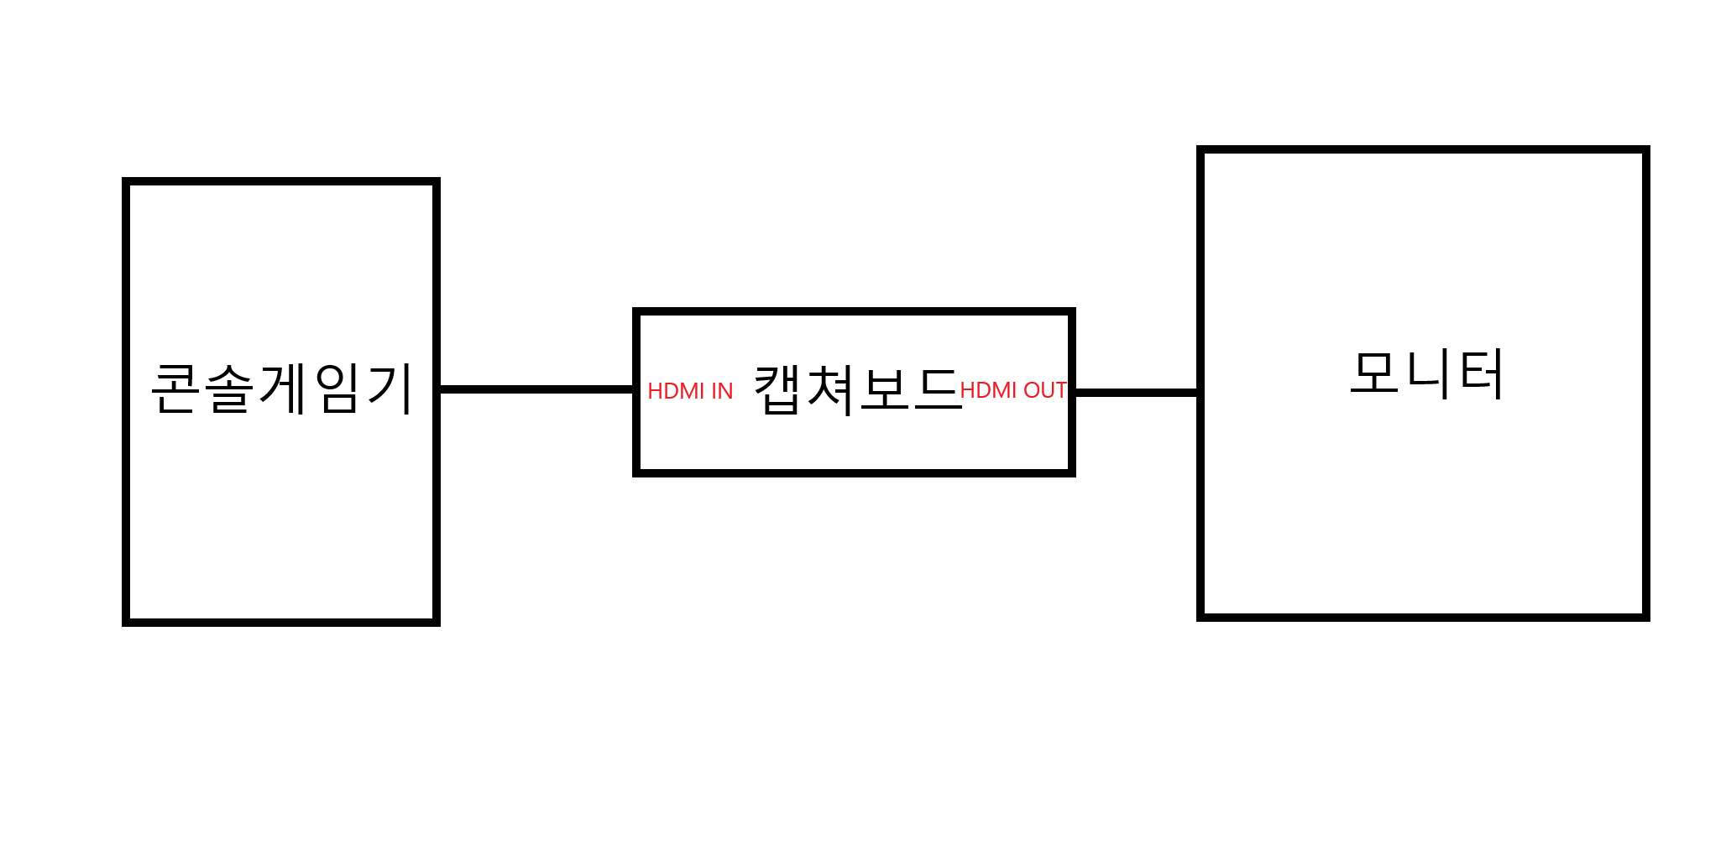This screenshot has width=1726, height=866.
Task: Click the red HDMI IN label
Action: [x=690, y=391]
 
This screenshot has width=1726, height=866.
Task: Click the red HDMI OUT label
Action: [x=1012, y=390]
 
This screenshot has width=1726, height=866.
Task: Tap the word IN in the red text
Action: [x=722, y=391]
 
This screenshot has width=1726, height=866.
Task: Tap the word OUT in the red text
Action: [x=1044, y=390]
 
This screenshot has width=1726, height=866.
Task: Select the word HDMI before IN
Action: [x=676, y=391]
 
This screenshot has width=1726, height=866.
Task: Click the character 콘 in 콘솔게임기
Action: [x=175, y=389]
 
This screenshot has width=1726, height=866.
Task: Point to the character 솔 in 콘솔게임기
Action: [x=228, y=389]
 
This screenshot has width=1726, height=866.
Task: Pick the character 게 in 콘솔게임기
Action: [x=283, y=389]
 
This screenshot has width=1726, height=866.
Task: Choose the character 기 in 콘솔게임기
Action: [x=390, y=389]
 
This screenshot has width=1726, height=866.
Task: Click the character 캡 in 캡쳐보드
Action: [x=777, y=390]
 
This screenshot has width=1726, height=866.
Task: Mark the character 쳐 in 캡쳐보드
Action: [x=830, y=390]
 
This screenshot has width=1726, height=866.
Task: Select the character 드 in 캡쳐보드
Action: [x=936, y=390]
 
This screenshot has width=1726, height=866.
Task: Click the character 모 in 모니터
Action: [x=1374, y=373]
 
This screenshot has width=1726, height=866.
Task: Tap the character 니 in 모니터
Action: [x=1429, y=374]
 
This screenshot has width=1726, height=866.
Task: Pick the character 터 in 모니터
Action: [x=1482, y=374]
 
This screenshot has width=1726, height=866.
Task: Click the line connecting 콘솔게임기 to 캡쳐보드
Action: [x=536, y=389]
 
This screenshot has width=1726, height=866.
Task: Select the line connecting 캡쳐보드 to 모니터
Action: [x=1136, y=392]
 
